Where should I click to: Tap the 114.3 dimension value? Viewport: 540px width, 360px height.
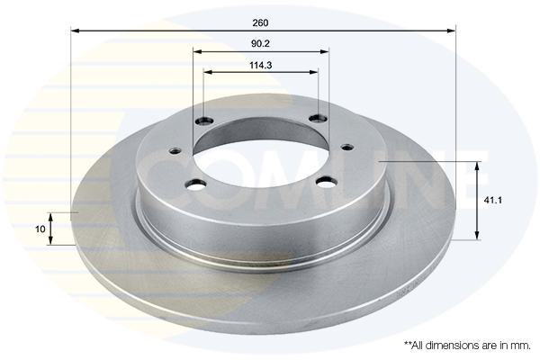pos(261,64)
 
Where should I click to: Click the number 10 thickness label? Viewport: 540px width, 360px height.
pos(40,229)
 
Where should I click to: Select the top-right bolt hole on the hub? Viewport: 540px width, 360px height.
pos(316,118)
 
